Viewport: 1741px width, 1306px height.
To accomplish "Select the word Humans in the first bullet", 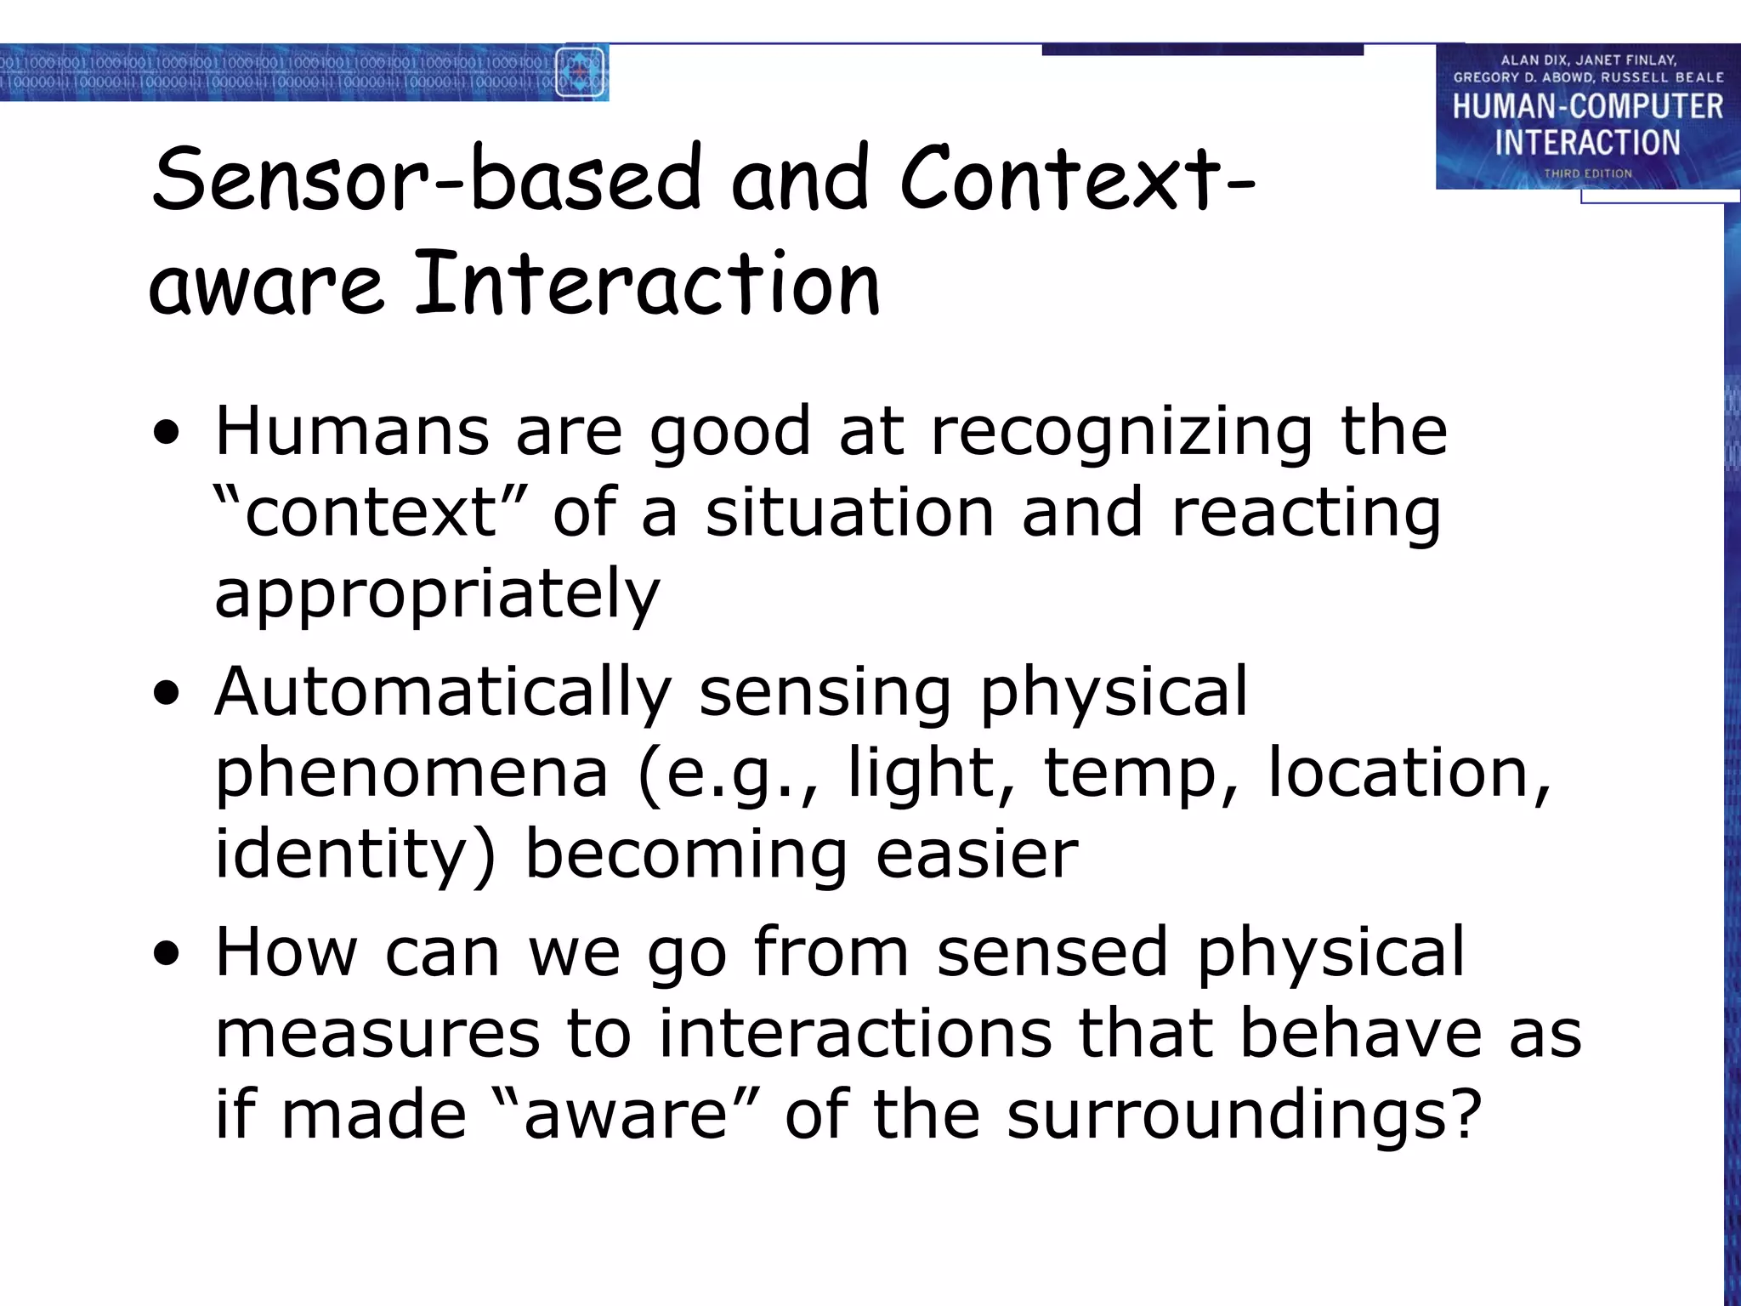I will [x=352, y=432].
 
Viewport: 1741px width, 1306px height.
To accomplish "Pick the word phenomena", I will [x=411, y=773].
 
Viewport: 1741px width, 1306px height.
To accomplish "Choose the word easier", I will [x=977, y=855].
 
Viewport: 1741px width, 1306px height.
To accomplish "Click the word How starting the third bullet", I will [x=286, y=952].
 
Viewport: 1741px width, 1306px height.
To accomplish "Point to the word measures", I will [x=377, y=1034].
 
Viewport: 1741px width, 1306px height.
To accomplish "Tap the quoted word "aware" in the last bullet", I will [x=626, y=1116].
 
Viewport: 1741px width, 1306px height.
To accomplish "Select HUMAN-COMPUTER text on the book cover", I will [x=1587, y=106].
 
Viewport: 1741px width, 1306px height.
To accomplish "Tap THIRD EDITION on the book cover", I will [x=1587, y=173].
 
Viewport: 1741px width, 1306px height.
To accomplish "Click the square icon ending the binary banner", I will [x=580, y=73].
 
